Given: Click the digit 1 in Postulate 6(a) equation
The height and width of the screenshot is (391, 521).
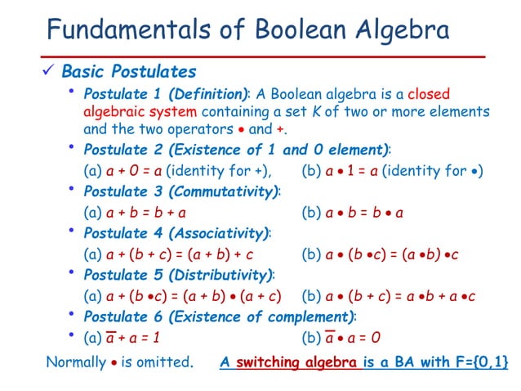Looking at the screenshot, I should (x=158, y=337).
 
